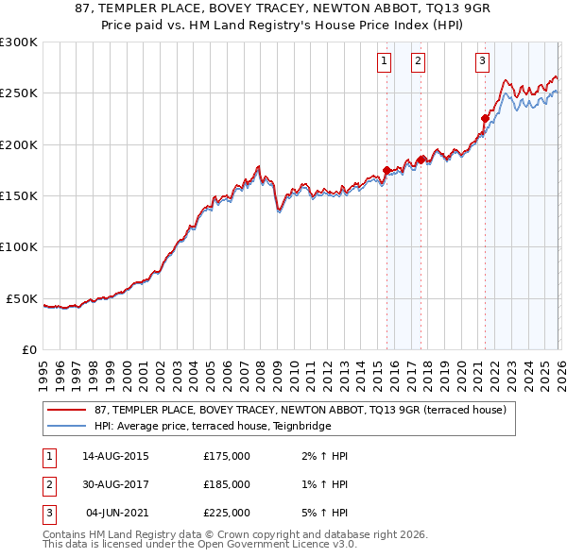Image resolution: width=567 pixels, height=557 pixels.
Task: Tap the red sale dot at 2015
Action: tap(387, 170)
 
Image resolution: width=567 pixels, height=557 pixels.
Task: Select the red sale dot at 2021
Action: tap(485, 119)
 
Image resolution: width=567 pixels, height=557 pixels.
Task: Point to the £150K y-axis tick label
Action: tap(19, 195)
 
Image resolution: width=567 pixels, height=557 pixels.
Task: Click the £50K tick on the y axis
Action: tap(23, 298)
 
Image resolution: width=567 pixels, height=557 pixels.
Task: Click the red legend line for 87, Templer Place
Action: tap(67, 411)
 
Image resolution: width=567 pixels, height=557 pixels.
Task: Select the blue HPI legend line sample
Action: tap(67, 426)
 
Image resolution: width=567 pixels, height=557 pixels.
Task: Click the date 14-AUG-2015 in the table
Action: tap(115, 456)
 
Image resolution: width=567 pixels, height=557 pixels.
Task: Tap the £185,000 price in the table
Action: tap(227, 484)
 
